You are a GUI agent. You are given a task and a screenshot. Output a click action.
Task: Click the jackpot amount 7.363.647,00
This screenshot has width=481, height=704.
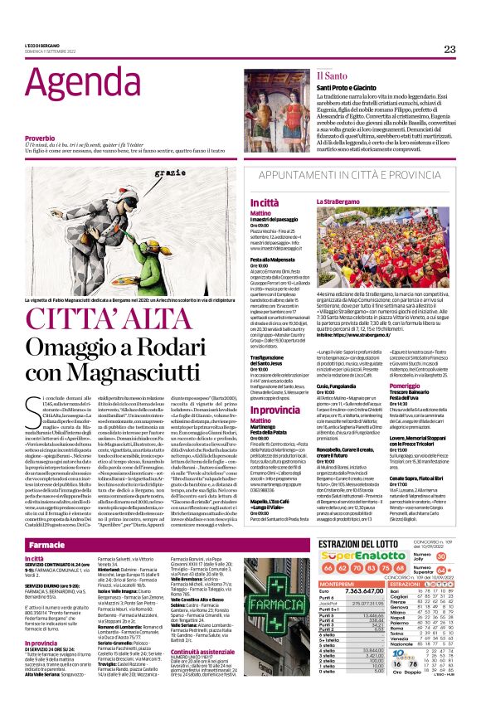point(364,590)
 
